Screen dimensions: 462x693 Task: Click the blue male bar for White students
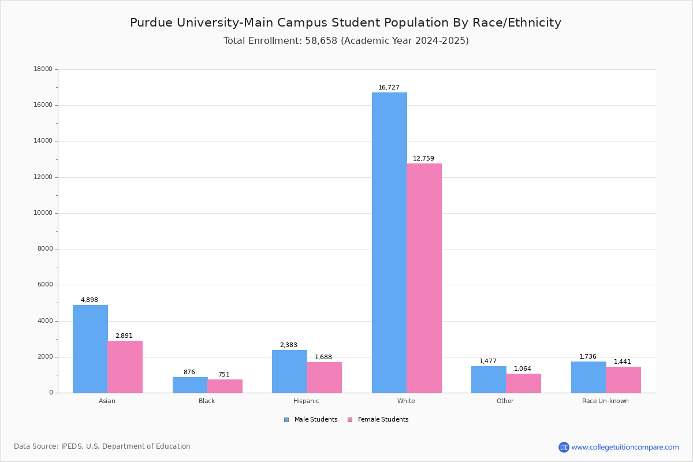click(x=389, y=243)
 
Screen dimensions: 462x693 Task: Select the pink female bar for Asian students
click(x=125, y=367)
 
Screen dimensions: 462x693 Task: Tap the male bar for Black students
click(x=190, y=385)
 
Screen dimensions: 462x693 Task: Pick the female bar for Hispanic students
click(x=324, y=378)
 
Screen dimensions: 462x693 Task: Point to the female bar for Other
click(x=523, y=383)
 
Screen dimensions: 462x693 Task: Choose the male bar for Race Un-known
click(x=588, y=377)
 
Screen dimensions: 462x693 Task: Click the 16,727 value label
click(x=389, y=88)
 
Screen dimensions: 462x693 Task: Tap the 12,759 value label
click(x=423, y=159)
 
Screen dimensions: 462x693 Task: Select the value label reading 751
click(x=223, y=375)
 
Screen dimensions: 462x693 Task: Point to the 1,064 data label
click(x=523, y=369)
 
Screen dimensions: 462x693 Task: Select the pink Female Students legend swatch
click(x=350, y=420)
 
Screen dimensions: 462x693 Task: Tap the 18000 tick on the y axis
click(x=43, y=69)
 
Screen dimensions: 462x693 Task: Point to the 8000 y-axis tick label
click(x=45, y=249)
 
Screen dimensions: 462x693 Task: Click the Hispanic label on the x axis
click(x=306, y=401)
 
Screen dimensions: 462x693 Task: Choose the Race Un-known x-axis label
click(x=605, y=401)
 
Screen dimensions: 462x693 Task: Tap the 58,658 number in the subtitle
click(x=321, y=41)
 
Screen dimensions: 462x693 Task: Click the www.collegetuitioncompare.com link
click(x=625, y=447)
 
